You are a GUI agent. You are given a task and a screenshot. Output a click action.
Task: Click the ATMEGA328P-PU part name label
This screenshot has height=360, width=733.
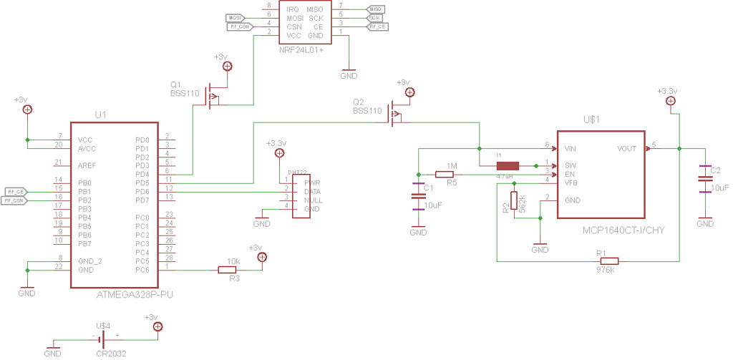tap(135, 294)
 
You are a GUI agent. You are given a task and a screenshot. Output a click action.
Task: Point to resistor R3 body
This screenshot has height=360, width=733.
tap(227, 270)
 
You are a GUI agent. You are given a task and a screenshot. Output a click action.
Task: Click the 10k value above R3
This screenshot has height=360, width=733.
tap(233, 261)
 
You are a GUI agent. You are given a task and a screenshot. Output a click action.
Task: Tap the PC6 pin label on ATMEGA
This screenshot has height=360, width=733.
tap(142, 270)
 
